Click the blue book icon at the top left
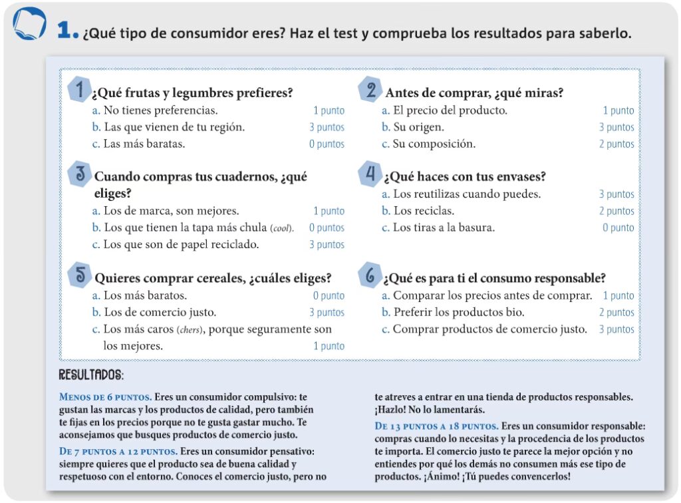(30, 26)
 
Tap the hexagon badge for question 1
(80, 90)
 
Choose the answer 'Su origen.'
(418, 127)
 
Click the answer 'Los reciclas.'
(424, 211)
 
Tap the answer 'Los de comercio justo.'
(160, 312)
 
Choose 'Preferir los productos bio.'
(459, 312)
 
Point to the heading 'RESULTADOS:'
(91, 375)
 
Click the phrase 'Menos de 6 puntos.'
(105, 397)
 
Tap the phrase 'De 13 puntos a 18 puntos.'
(436, 426)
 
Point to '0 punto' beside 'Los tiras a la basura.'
(618, 228)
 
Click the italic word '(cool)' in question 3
(282, 228)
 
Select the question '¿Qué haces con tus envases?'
(465, 177)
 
